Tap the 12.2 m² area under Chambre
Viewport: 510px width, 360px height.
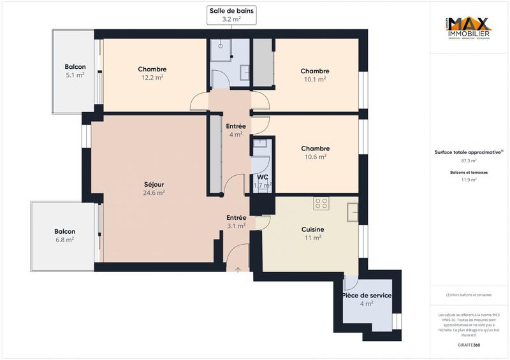tap(152, 78)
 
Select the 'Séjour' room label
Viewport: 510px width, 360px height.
tap(154, 184)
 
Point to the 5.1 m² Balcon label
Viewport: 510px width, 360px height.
tap(75, 75)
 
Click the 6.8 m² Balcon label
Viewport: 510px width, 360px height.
tap(64, 240)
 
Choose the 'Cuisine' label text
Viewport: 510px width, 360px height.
tap(312, 229)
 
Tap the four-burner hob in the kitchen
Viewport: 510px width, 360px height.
tap(321, 204)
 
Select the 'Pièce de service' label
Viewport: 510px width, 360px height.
tap(367, 296)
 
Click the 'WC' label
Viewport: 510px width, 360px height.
tap(263, 177)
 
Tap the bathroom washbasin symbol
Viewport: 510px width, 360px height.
tap(244, 73)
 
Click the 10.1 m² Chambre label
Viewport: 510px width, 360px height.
tap(315, 80)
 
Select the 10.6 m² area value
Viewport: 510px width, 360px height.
tap(315, 156)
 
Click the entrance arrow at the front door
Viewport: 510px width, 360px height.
tap(238, 270)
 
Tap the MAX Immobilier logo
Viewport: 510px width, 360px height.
tap(468, 27)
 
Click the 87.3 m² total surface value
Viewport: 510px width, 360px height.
tap(469, 161)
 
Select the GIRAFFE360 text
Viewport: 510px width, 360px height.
tap(468, 343)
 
